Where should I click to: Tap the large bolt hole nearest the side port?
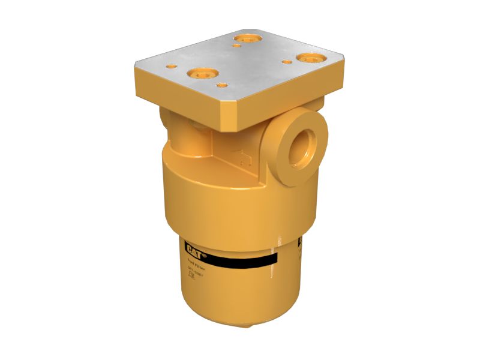click(x=311, y=58)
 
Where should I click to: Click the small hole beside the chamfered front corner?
click(x=223, y=86)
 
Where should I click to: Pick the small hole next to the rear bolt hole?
click(x=237, y=46)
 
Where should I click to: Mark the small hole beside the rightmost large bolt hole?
click(x=287, y=61)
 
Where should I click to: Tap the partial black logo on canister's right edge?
click(x=299, y=243)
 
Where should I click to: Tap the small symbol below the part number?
click(x=192, y=277)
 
